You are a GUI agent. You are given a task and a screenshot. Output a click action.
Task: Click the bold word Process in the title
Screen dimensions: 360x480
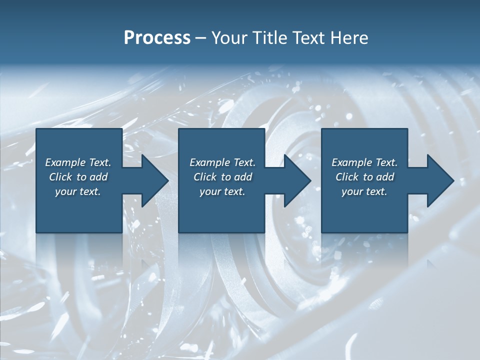coord(157,38)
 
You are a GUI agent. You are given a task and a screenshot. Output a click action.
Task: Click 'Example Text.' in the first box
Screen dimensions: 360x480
coord(78,162)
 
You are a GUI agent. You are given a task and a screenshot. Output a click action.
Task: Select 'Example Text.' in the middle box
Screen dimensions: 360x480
coord(222,162)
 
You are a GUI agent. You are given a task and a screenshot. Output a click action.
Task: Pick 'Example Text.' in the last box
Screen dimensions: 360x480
coord(364,162)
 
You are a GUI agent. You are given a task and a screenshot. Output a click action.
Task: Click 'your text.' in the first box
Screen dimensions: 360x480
coord(78,191)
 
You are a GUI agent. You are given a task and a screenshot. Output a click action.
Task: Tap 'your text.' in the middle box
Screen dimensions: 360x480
coord(222,191)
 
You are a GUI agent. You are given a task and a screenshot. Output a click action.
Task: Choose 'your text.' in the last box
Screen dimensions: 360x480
coord(364,191)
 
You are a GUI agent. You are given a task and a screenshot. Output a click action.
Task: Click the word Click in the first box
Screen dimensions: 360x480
coord(60,177)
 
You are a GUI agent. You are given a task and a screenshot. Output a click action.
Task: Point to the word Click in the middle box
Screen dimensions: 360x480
coord(205,177)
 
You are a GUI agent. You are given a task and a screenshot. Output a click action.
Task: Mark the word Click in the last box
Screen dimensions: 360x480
coord(347,177)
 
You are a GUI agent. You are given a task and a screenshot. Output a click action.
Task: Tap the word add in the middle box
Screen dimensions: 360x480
coord(243,177)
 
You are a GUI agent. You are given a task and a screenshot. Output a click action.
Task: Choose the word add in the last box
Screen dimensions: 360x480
coord(385,177)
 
